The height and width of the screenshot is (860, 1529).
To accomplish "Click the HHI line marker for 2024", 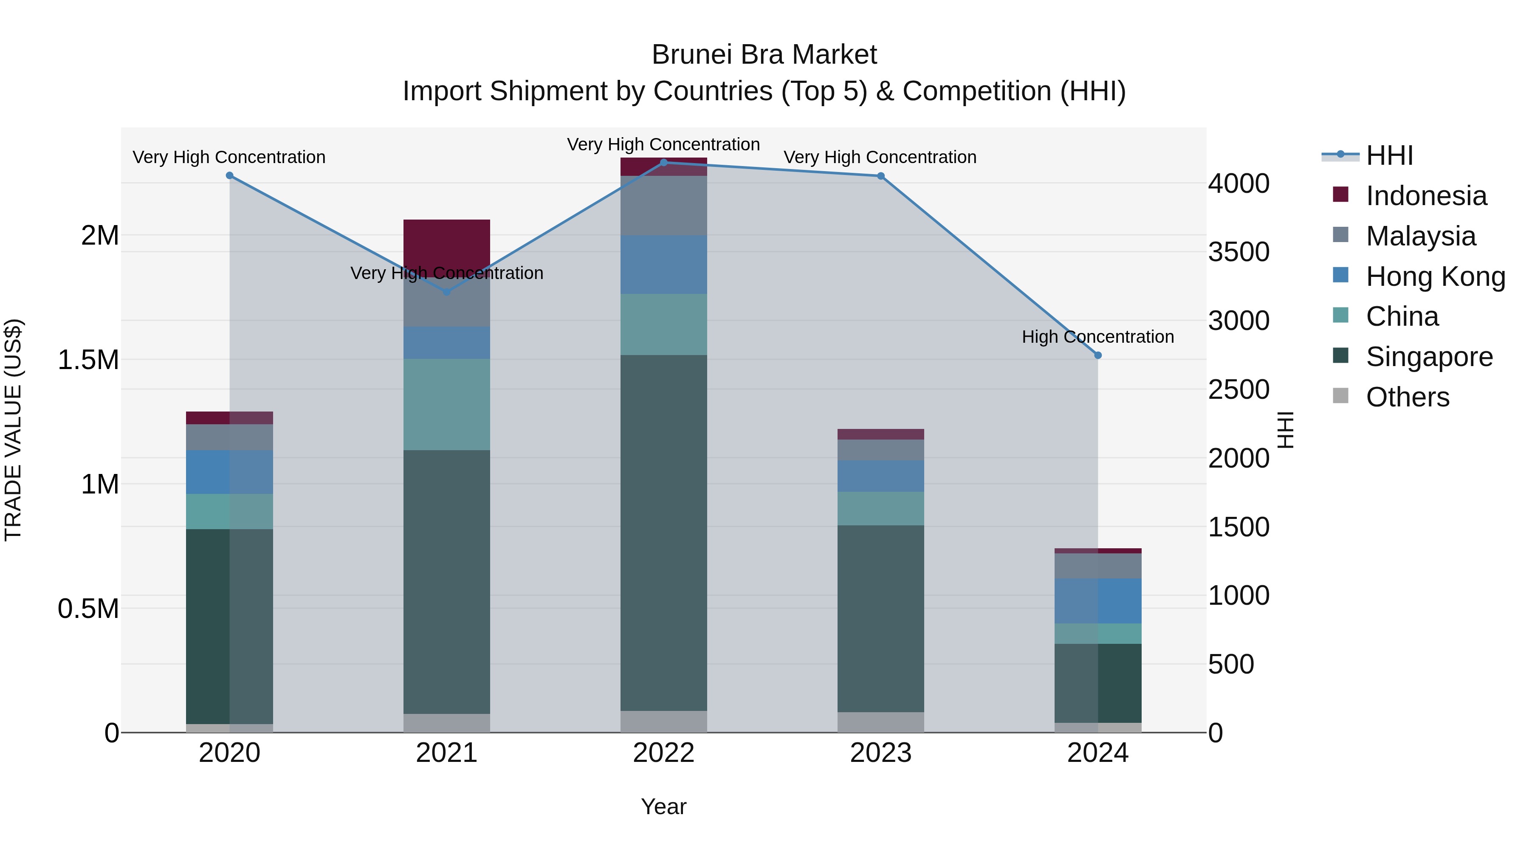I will (1097, 355).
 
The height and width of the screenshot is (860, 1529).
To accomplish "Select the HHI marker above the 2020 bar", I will (230, 176).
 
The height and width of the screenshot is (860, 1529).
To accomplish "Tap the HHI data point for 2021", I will (447, 292).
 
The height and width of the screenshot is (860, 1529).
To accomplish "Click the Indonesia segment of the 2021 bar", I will (447, 243).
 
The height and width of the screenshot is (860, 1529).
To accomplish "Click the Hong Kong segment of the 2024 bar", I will (1097, 601).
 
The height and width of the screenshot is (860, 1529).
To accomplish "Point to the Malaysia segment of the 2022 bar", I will (663, 206).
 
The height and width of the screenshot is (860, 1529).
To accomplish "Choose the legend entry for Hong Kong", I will (1435, 276).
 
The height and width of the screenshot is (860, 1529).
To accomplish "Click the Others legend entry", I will (1407, 397).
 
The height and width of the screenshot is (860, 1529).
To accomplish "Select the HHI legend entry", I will (1389, 155).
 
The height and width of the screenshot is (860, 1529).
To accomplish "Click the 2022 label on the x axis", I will (663, 753).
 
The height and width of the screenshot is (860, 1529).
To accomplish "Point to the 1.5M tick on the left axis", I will (88, 360).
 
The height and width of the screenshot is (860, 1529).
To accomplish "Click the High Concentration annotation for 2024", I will (1097, 336).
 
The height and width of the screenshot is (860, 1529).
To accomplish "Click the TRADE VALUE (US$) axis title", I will (14, 430).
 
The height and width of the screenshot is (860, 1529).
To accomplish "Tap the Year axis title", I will (663, 806).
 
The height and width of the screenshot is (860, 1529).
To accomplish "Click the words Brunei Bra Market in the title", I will (764, 55).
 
